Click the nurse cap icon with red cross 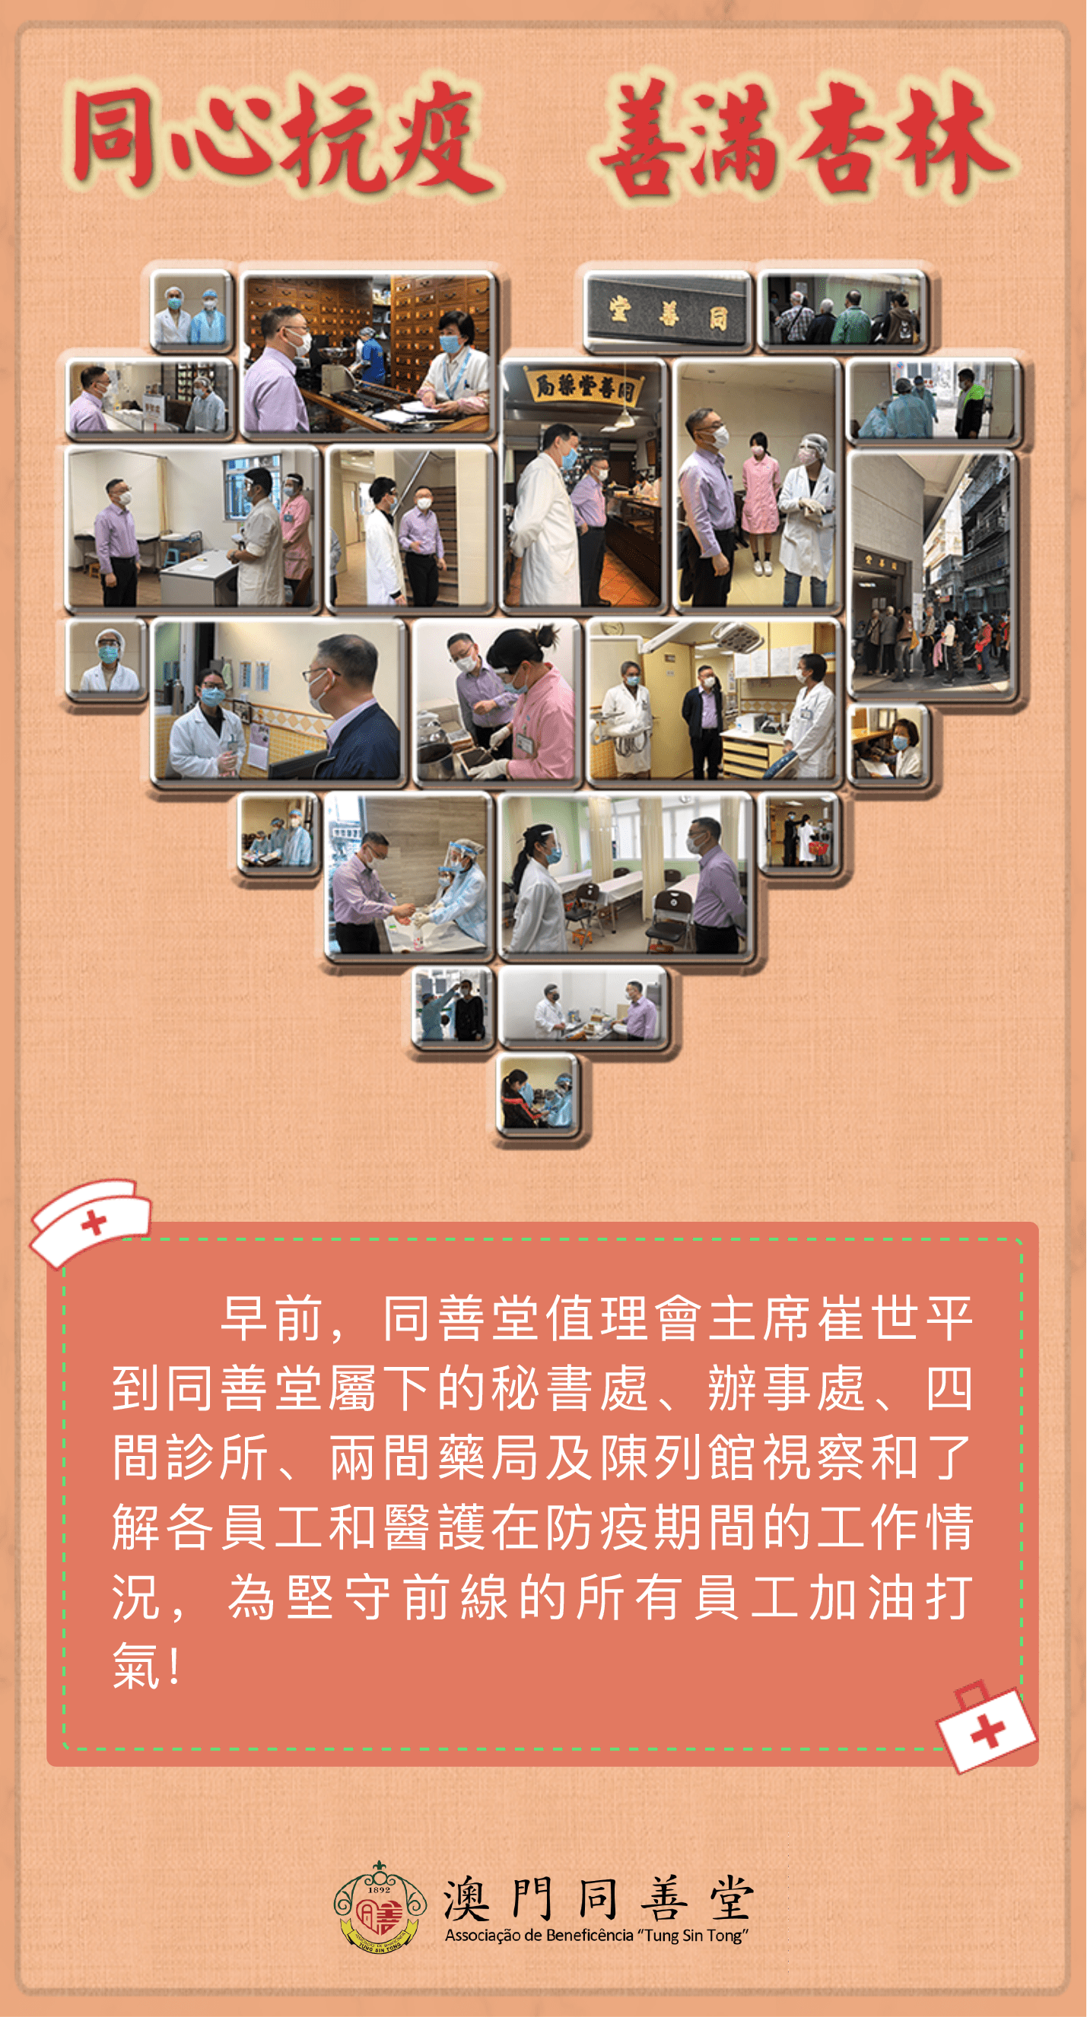tap(90, 1221)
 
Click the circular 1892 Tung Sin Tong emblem tap(379, 1908)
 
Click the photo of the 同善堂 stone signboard tap(667, 312)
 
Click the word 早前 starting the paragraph tap(272, 1318)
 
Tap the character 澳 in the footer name tap(467, 1898)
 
